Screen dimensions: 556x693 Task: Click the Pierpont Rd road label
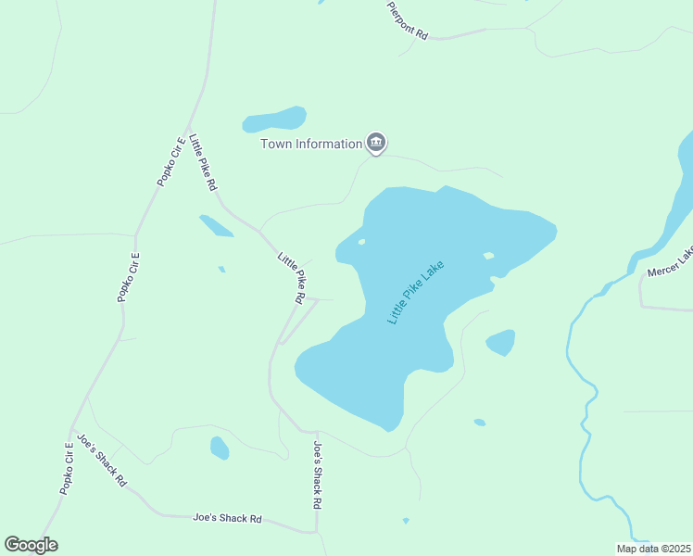point(408,19)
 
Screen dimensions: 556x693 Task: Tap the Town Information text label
point(311,144)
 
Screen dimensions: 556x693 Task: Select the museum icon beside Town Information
point(376,143)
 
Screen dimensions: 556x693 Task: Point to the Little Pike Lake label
point(416,292)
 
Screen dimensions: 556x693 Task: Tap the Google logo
point(31,545)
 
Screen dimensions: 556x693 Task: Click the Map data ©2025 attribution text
point(652,549)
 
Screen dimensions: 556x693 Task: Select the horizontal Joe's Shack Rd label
point(228,519)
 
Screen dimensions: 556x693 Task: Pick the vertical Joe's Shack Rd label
point(317,474)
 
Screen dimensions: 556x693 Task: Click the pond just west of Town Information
point(274,120)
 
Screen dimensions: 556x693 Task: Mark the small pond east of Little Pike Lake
point(500,342)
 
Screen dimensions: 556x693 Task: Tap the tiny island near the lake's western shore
point(360,242)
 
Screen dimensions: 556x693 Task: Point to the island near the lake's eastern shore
point(488,256)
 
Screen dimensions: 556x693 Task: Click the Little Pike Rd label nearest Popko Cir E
point(203,163)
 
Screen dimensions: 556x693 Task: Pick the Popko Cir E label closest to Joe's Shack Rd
point(68,469)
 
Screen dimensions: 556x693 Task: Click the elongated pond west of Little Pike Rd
point(216,226)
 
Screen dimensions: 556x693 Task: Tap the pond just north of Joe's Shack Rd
point(220,448)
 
